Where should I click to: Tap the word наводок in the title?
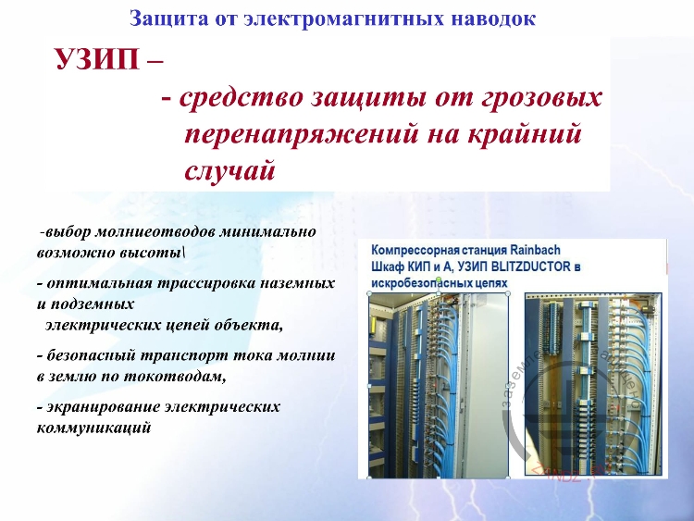pos(495,18)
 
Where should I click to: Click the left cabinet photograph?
pos(439,384)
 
